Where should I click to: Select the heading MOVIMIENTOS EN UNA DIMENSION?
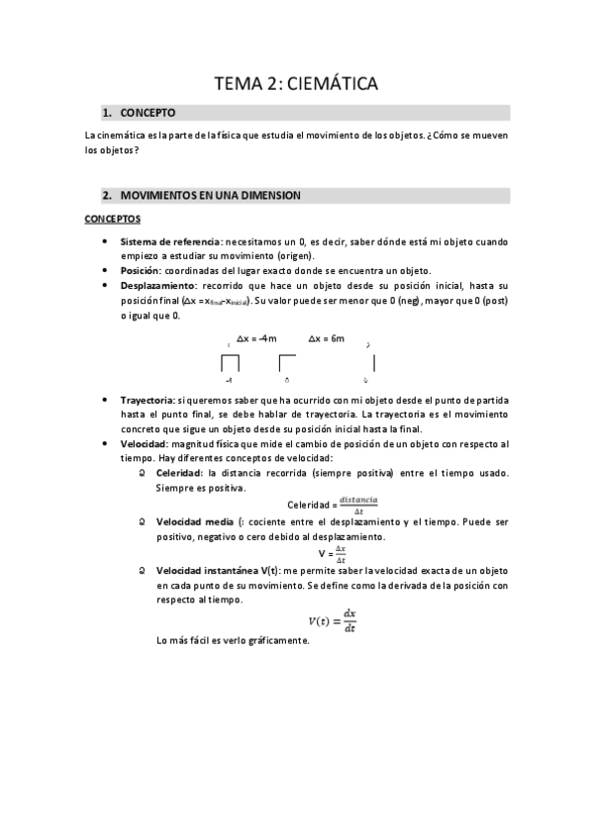(x=209, y=195)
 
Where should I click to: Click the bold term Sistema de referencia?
(x=170, y=242)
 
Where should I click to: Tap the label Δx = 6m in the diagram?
(x=327, y=339)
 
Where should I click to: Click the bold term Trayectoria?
(x=148, y=400)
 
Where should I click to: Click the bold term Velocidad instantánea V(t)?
(x=218, y=571)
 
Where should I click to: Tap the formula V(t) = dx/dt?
(x=331, y=620)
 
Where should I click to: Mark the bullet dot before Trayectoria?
(x=107, y=400)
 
